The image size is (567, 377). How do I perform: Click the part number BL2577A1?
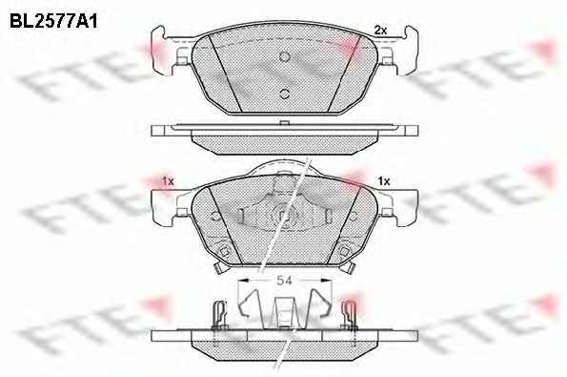click(53, 21)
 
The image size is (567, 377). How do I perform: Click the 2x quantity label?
click(380, 31)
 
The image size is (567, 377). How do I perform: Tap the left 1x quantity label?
click(168, 180)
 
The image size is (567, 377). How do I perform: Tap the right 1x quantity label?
click(384, 180)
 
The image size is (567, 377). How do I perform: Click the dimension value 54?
click(284, 281)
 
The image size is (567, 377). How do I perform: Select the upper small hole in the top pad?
click(285, 56)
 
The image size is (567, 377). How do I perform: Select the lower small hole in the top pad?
click(285, 94)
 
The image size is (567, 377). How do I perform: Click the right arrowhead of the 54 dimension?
click(326, 280)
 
